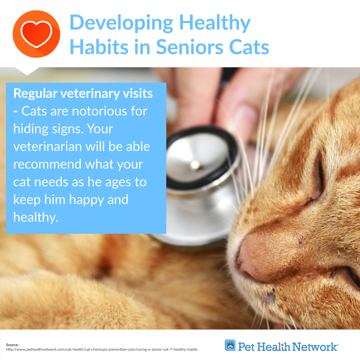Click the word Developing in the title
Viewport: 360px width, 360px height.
(x=121, y=23)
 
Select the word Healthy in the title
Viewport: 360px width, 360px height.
(x=215, y=23)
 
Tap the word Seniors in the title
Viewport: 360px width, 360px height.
(x=190, y=47)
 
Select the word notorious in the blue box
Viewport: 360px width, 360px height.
(x=99, y=111)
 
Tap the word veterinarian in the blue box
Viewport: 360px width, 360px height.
(x=48, y=146)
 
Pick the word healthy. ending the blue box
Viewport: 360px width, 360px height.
(x=36, y=217)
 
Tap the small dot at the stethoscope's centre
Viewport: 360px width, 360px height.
(x=195, y=165)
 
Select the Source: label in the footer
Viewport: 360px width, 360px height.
(x=12, y=345)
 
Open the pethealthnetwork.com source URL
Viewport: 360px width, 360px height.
(x=102, y=349)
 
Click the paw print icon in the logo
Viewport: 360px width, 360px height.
(x=230, y=345)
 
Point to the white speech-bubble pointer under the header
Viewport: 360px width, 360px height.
(x=27, y=71)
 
